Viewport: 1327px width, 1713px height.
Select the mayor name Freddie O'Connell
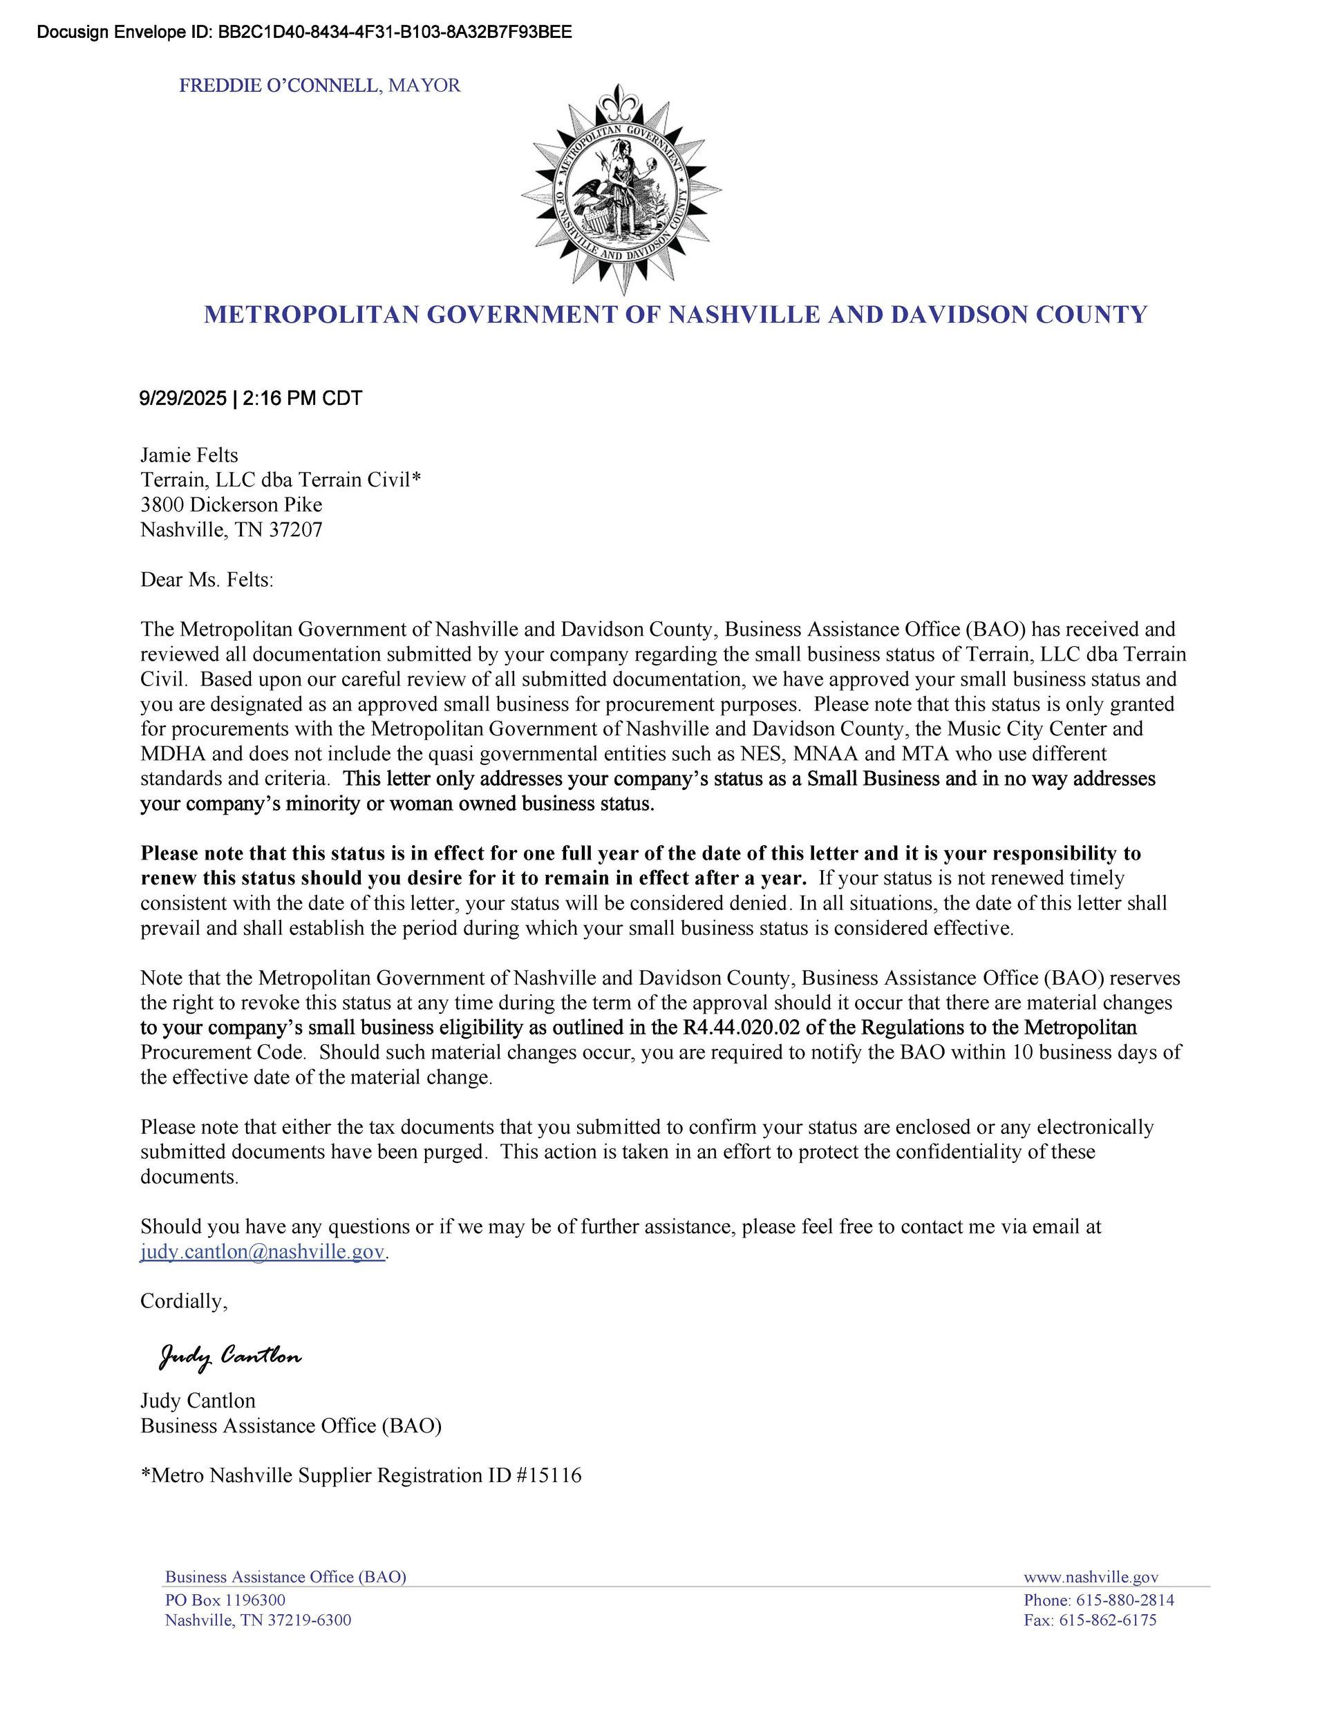tap(279, 86)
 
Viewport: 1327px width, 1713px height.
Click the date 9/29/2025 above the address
tap(182, 399)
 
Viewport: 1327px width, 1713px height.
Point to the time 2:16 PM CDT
tap(303, 399)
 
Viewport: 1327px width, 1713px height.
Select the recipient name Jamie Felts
tap(189, 455)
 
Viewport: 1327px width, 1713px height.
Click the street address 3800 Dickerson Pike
tap(232, 504)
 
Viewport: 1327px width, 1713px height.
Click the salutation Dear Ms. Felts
tap(207, 580)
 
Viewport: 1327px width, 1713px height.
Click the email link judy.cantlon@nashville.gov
tap(263, 1251)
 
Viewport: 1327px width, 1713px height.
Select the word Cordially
tap(184, 1301)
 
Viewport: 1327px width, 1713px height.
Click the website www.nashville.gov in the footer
tap(1091, 1578)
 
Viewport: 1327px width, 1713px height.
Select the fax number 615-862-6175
tap(1107, 1620)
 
